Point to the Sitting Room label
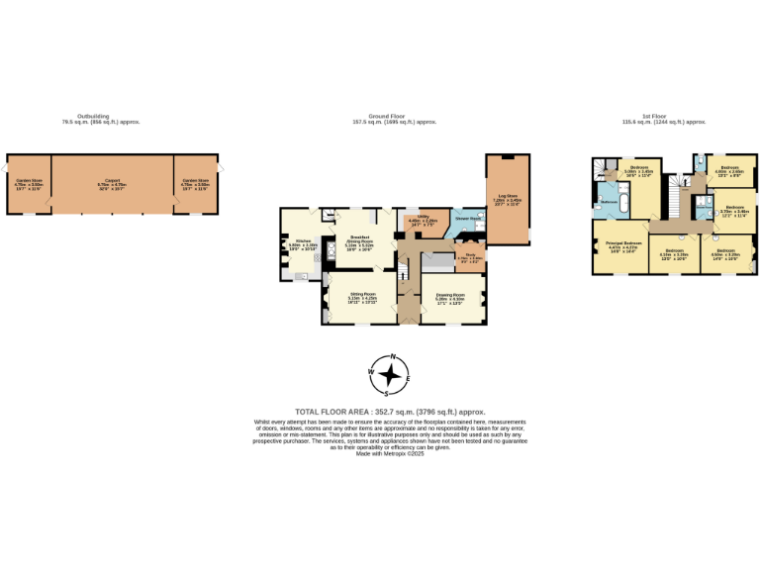point(359,298)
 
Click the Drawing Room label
point(450,297)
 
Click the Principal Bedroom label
point(623,245)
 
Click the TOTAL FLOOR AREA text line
point(391,412)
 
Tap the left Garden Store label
point(29,183)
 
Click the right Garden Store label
point(196,183)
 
